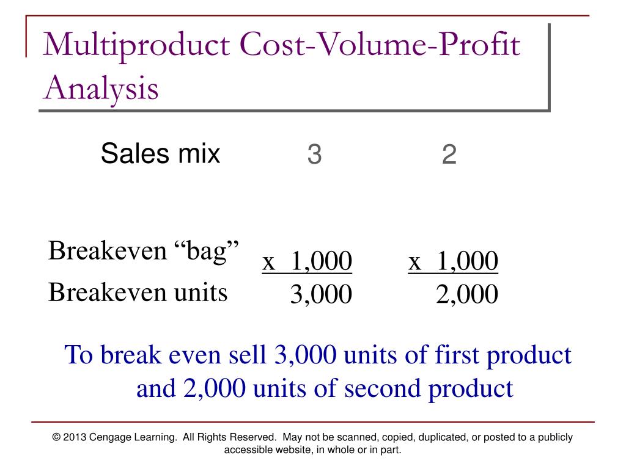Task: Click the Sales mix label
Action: coord(160,153)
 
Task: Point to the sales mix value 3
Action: coord(314,155)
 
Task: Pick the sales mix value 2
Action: coord(449,155)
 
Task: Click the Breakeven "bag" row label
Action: coord(144,251)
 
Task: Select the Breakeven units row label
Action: coord(138,293)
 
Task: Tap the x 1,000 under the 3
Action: coord(307,262)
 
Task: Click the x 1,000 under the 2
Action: coord(454,262)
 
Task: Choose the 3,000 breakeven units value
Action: coord(321,295)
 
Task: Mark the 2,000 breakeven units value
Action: coord(467,295)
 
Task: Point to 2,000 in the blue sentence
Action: coord(211,388)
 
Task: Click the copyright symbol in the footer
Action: coord(57,437)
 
